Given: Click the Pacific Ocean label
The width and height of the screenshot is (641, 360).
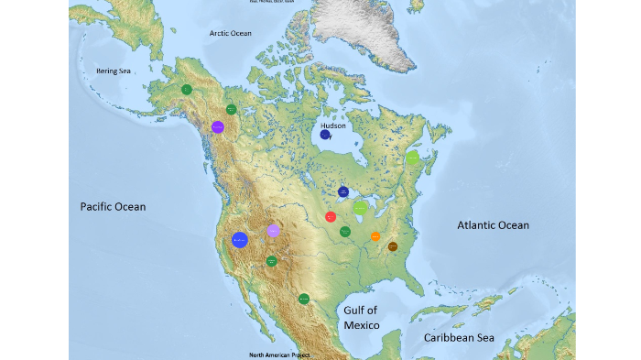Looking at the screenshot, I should (113, 207).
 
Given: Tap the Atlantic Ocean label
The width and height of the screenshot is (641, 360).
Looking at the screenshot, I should (493, 224).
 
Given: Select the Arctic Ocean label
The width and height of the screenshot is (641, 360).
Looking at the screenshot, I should (230, 33).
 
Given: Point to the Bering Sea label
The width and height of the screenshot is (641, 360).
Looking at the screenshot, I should (114, 71).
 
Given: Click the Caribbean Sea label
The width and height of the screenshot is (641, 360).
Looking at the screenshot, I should (459, 338).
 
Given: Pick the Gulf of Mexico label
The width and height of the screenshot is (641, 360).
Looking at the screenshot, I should (360, 318).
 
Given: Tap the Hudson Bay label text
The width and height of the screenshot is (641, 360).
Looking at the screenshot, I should (333, 125).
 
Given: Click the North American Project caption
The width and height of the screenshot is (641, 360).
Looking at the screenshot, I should (279, 355).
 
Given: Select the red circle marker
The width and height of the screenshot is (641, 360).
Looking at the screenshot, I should (331, 217).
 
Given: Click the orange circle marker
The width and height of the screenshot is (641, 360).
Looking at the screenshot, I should (375, 236).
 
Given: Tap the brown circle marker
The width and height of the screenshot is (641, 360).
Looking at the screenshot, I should (392, 246).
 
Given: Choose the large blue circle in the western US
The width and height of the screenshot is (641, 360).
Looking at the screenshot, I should (240, 240).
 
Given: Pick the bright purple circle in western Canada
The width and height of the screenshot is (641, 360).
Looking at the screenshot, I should (218, 127).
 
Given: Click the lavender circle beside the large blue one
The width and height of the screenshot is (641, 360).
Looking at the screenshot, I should (273, 231).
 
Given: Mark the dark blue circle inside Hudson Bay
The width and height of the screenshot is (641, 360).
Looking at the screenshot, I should (325, 136).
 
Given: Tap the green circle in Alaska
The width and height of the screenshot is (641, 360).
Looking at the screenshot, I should (186, 90).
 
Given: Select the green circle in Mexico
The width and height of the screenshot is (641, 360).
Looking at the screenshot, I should (303, 299).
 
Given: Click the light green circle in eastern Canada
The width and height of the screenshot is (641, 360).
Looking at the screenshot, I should (412, 158).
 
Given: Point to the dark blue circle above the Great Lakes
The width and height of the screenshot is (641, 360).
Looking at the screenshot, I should (343, 192).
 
